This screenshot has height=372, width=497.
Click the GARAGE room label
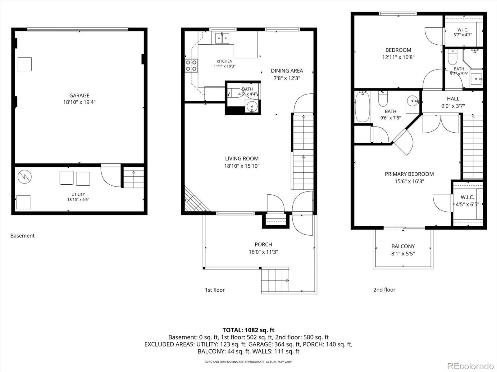click(x=79, y=95)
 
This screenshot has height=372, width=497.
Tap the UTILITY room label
click(x=78, y=194)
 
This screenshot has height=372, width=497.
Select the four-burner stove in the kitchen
click(x=191, y=65)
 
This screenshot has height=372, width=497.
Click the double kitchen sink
click(x=222, y=38)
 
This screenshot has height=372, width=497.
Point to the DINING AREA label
click(x=287, y=71)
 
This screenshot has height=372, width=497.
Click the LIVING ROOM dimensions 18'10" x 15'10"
click(x=242, y=166)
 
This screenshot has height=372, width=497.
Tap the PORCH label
click(x=263, y=244)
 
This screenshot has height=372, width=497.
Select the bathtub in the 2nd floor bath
click(x=362, y=106)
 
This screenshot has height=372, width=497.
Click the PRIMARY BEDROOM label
click(x=409, y=174)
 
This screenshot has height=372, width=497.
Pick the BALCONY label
click(x=403, y=246)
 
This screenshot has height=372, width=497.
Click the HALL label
click(x=453, y=99)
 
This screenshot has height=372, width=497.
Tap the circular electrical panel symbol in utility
click(x=25, y=177)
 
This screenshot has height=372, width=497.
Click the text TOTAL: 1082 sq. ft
click(x=248, y=330)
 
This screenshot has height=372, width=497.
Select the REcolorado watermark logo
click(x=471, y=366)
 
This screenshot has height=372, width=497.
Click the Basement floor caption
click(x=22, y=236)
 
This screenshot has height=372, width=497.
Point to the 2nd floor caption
click(x=384, y=290)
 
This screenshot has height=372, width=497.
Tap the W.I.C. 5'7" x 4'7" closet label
click(x=463, y=32)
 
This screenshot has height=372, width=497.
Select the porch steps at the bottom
click(x=275, y=280)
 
